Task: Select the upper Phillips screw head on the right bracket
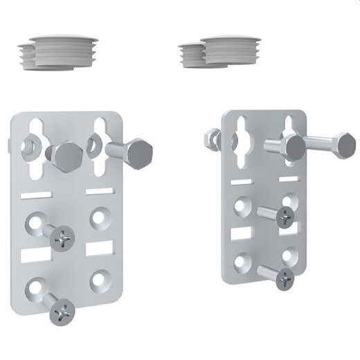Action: coord(284,217)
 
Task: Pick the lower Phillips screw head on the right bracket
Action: coord(284,278)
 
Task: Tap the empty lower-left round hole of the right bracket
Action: coord(242,262)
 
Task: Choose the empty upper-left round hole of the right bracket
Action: coord(242,205)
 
